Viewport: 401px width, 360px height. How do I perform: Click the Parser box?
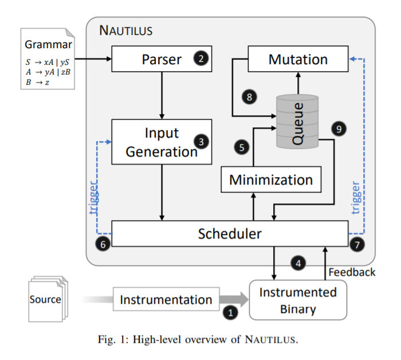[162, 59]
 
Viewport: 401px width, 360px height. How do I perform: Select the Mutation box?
[298, 59]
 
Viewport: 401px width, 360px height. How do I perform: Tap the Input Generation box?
[162, 142]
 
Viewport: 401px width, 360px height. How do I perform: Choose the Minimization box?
[271, 179]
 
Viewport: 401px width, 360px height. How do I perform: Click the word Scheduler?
[230, 234]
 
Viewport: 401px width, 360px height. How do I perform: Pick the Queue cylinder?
[297, 122]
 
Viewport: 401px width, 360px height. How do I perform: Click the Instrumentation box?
[166, 299]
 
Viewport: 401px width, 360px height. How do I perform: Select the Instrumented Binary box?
[298, 300]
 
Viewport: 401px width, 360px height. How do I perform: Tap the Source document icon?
[48, 299]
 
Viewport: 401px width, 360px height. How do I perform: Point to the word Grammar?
[48, 45]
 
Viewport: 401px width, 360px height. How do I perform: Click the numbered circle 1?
[230, 312]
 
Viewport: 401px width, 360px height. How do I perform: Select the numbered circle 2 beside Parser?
[201, 58]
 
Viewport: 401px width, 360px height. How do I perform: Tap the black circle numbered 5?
[242, 147]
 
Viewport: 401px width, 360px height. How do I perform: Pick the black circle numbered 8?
[249, 97]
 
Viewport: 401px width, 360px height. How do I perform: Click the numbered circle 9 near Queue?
[339, 129]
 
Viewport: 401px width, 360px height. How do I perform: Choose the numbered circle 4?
[298, 263]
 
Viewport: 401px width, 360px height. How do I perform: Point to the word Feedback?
[352, 272]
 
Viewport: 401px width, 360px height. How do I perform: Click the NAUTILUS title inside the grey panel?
[125, 30]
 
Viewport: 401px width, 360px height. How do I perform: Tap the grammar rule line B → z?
[37, 82]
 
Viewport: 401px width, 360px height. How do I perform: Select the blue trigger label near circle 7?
[356, 197]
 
